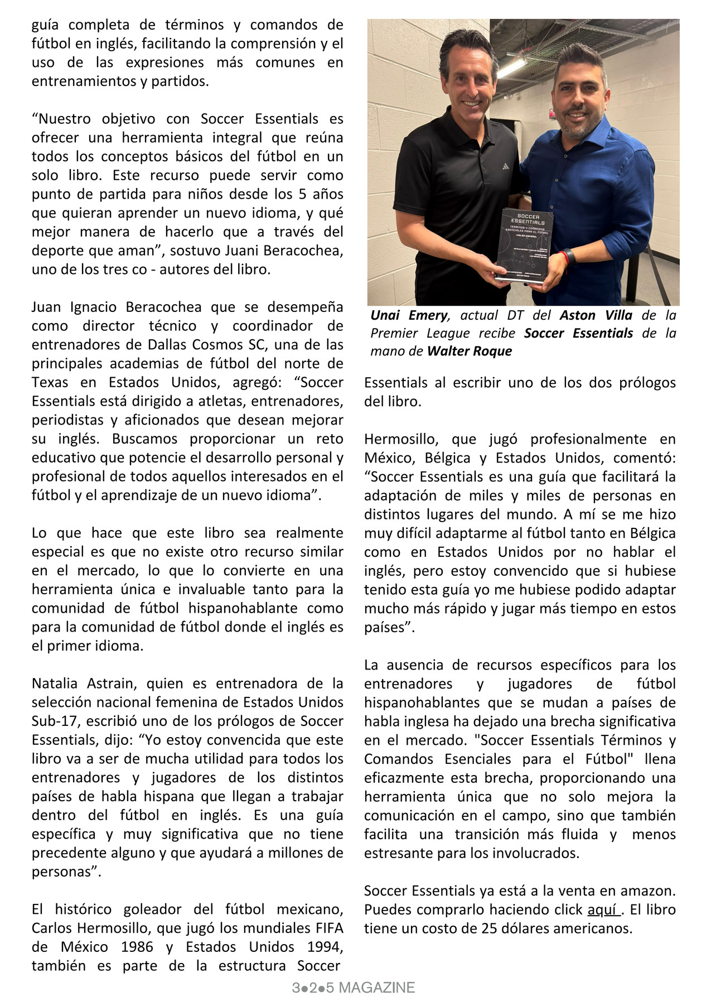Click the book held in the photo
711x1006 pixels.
pos(525,246)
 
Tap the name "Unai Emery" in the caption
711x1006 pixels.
pos(409,315)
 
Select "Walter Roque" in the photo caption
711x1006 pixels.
pos(469,351)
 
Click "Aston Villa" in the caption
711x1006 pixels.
pos(596,315)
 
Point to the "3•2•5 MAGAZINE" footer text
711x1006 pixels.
pos(354,988)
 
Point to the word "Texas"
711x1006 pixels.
pos(51,382)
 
